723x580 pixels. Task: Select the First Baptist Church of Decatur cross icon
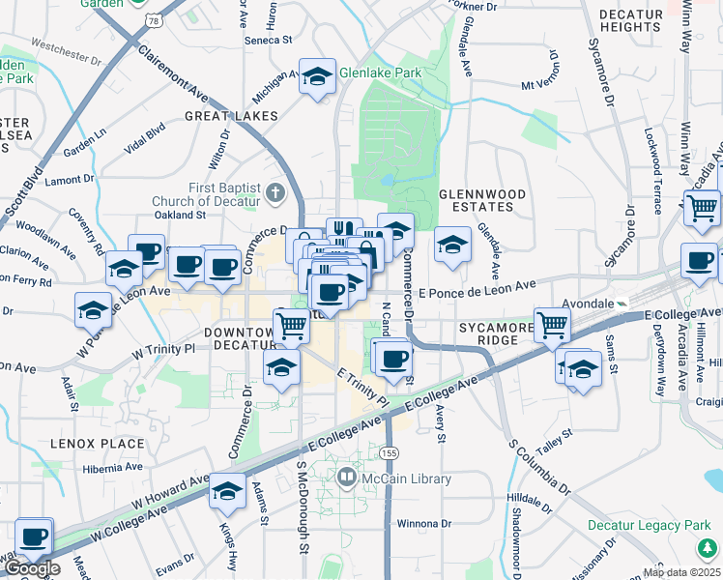[275, 190]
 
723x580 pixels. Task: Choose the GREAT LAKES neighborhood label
[232, 116]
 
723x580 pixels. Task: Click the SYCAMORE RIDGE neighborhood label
[497, 334]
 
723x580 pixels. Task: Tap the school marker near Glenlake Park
[316, 77]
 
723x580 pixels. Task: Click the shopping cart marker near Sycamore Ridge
[552, 326]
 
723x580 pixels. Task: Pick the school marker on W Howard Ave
[227, 492]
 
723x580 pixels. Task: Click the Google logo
[31, 567]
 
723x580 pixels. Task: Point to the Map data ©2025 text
[680, 571]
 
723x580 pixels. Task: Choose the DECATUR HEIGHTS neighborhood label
[630, 21]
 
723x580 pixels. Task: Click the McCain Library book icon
[347, 477]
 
